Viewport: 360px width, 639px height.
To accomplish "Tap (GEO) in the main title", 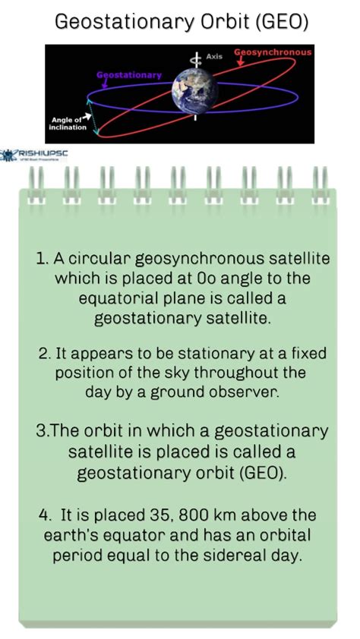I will coord(282,22).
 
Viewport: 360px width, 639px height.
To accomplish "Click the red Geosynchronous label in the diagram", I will coord(273,52).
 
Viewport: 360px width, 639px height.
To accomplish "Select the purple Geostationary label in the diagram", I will coord(129,75).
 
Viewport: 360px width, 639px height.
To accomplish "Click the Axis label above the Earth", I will coord(213,57).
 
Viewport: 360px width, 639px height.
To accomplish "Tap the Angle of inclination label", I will coord(68,123).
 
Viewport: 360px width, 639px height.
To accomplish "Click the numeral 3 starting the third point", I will coord(40,431).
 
